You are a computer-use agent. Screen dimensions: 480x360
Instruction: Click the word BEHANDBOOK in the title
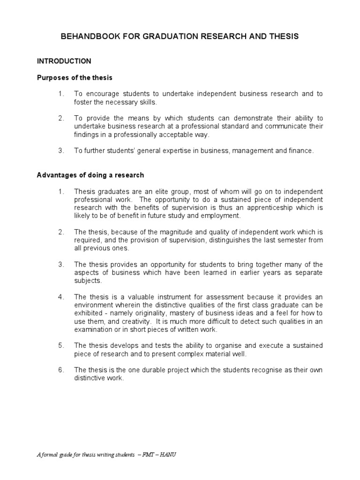click(86, 37)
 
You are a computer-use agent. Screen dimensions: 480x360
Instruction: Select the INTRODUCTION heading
click(64, 61)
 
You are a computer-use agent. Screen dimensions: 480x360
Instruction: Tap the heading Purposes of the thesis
click(75, 77)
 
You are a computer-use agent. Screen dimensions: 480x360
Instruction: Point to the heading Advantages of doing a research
click(90, 175)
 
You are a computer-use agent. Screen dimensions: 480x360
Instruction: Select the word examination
click(93, 330)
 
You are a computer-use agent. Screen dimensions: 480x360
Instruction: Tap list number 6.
click(61, 370)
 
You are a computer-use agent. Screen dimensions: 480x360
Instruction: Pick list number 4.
click(61, 297)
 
